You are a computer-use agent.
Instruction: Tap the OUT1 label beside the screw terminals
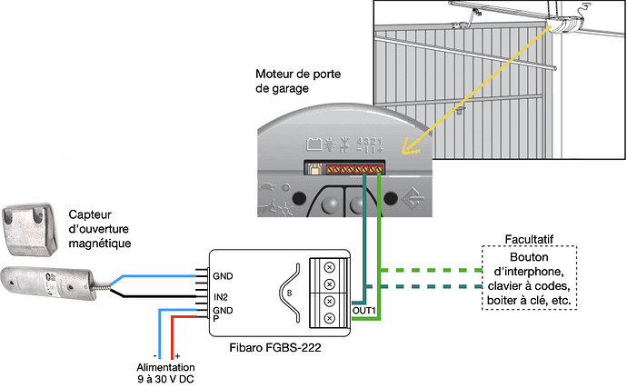pos(363,311)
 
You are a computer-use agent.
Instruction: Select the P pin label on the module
pos(216,318)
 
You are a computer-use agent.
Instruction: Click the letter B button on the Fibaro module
pos(289,293)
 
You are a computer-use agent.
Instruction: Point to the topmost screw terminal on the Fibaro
pos(330,266)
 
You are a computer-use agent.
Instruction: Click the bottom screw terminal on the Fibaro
pos(330,317)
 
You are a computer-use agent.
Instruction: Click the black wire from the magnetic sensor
pos(154,295)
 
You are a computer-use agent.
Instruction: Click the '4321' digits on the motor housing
pos(369,142)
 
